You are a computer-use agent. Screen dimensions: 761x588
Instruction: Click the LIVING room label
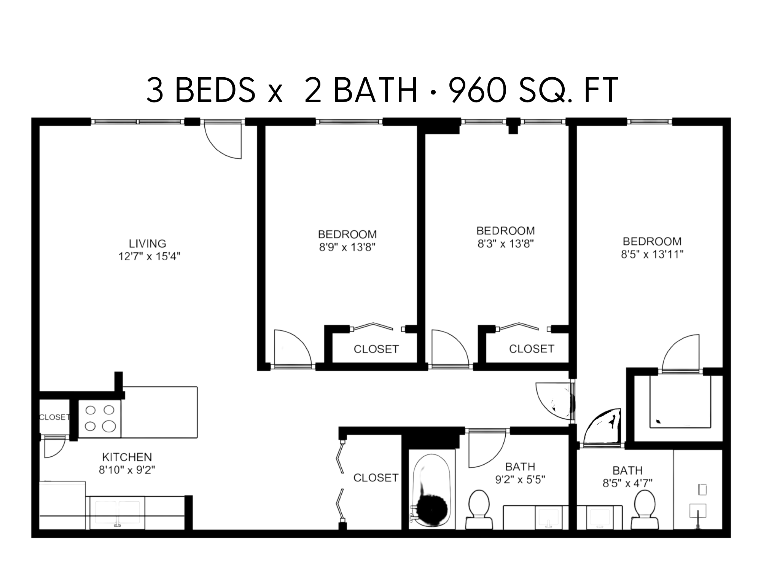(148, 244)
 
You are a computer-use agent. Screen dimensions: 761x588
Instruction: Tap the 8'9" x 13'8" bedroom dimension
(347, 248)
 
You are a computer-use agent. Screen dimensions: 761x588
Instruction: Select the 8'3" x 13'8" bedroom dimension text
(506, 244)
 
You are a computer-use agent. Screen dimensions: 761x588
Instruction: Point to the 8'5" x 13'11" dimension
(652, 255)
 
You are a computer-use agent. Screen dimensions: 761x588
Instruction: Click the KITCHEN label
(127, 457)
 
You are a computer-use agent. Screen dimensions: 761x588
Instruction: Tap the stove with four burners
(100, 418)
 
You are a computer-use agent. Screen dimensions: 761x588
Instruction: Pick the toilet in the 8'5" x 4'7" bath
(645, 509)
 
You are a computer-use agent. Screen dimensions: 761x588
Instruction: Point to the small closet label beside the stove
(54, 417)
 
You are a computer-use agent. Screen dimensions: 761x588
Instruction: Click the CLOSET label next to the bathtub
(376, 478)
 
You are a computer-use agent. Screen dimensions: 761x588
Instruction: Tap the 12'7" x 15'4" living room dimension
(149, 257)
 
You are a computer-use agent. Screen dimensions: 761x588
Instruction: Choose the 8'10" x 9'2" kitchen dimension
(127, 470)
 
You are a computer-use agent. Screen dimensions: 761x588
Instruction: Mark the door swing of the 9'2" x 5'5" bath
(487, 449)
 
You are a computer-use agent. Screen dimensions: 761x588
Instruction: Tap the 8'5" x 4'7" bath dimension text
(627, 483)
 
